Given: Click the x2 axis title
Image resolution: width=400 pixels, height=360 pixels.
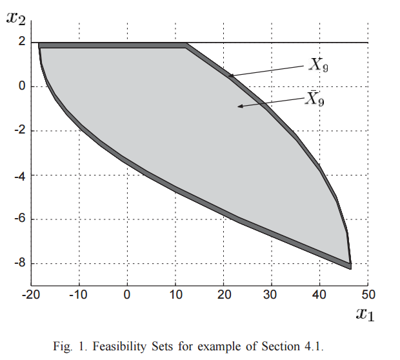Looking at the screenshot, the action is click(16, 18).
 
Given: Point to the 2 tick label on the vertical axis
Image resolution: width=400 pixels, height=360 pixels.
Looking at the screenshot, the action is click(22, 41).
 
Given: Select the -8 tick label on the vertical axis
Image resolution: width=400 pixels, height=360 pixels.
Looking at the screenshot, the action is click(20, 263).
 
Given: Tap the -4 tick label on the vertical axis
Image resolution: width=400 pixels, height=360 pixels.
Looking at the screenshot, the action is click(20, 175).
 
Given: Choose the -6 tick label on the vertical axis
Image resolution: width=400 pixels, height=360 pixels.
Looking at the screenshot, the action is click(20, 219).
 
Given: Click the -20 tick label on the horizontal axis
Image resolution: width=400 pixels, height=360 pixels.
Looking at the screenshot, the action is click(31, 295).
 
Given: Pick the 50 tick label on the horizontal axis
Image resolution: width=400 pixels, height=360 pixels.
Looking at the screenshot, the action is click(368, 295).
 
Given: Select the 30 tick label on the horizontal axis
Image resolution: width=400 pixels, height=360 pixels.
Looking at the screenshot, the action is click(270, 295).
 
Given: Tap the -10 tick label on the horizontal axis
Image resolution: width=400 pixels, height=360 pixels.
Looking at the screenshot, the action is click(78, 295).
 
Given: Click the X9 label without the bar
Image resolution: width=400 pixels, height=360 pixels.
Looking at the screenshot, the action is click(318, 65).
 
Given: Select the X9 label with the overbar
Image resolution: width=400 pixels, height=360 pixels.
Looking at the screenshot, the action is click(315, 99).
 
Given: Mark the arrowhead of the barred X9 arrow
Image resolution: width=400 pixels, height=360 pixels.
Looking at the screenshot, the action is click(238, 106).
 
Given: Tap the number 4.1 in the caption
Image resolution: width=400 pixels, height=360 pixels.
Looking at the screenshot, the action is click(314, 346).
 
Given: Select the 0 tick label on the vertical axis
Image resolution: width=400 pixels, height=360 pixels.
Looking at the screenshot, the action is click(22, 86).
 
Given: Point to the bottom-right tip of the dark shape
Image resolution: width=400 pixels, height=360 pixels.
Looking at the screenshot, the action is click(351, 269).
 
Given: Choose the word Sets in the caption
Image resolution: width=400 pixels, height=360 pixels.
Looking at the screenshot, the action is click(162, 346).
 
